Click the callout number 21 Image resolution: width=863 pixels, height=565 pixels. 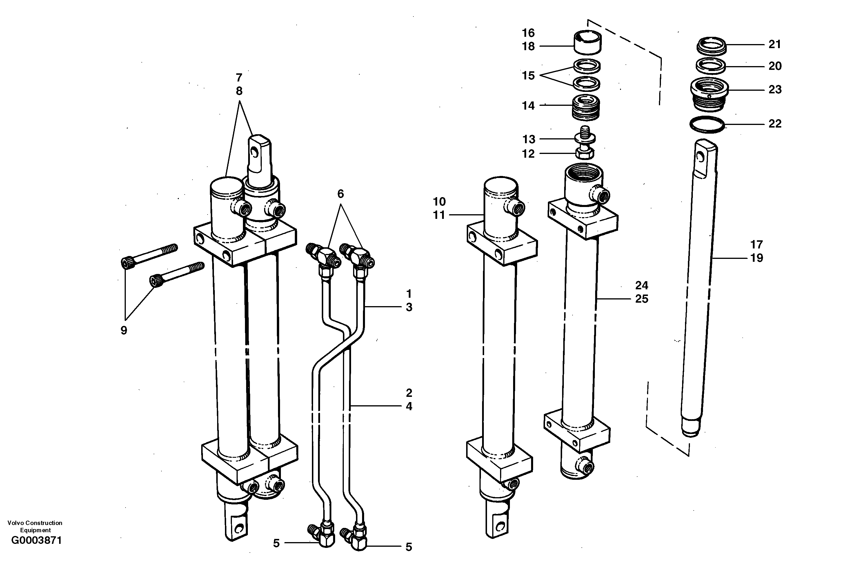click(775, 44)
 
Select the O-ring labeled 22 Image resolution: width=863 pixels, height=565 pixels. click(707, 124)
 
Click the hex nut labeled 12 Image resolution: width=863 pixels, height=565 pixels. click(584, 154)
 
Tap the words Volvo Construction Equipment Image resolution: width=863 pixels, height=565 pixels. click(35, 526)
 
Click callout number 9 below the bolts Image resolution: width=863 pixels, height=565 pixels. click(124, 330)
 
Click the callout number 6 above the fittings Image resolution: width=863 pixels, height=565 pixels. click(341, 194)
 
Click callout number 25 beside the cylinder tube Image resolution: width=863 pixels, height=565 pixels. click(642, 299)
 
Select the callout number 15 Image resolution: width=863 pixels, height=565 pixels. click(528, 75)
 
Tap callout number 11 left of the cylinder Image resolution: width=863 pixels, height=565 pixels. click(439, 215)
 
